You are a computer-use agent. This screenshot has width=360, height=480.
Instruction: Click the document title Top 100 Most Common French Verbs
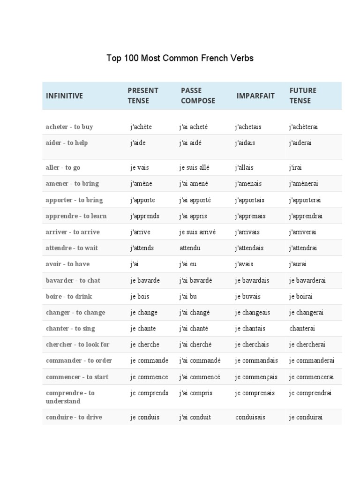[x=180, y=58]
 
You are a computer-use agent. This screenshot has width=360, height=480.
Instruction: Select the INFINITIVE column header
[x=64, y=96]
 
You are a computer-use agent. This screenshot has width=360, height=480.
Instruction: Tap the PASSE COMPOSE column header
[x=198, y=96]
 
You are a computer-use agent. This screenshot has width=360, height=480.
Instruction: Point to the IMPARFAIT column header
[x=255, y=96]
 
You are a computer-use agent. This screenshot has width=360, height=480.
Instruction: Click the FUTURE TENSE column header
[x=303, y=96]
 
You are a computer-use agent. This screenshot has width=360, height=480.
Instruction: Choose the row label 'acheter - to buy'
[x=69, y=127]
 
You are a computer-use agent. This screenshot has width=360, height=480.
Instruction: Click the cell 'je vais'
[x=140, y=167]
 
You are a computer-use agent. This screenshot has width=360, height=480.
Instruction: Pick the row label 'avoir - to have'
[x=67, y=264]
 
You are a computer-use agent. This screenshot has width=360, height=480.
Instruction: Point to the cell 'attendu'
[x=190, y=248]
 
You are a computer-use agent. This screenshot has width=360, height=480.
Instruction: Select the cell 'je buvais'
[x=248, y=296]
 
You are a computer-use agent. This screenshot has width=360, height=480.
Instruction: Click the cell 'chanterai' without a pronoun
[x=302, y=329]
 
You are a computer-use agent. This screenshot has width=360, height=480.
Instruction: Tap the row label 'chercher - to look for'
[x=78, y=345]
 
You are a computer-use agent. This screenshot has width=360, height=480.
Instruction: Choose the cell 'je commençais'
[x=256, y=377]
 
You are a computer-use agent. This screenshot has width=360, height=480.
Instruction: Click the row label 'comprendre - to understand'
[x=70, y=397]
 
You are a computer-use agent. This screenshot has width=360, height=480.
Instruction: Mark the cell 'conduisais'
[x=250, y=417]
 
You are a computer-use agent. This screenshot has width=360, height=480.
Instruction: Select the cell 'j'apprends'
[x=145, y=216]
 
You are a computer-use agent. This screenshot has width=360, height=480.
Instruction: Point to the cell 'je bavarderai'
[x=307, y=280]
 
